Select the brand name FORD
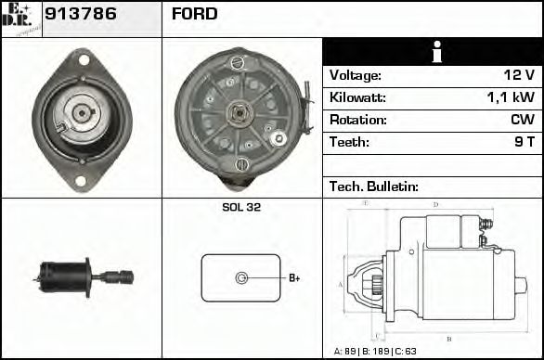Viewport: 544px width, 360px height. click(195, 14)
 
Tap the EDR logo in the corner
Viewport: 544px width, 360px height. click(20, 19)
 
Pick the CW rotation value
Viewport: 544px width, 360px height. click(522, 120)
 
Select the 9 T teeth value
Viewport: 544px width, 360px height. click(525, 142)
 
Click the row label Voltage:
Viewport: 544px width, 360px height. click(355, 75)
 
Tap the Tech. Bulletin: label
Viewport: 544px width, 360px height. click(374, 186)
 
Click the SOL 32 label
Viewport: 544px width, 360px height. click(241, 208)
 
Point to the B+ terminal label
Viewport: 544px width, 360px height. click(294, 277)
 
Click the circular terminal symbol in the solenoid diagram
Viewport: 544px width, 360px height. click(241, 277)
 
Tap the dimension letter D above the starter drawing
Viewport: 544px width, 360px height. click(435, 205)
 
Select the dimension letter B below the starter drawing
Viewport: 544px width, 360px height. click(447, 340)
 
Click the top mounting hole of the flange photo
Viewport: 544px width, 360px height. click(82, 60)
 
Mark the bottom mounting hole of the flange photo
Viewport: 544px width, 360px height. click(81, 180)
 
